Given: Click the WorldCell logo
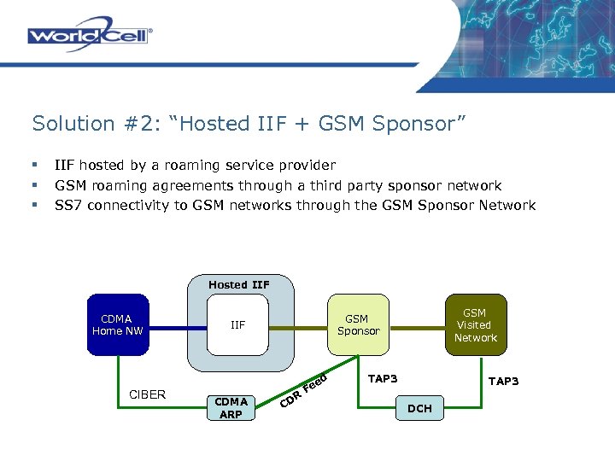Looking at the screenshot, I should point(90,35).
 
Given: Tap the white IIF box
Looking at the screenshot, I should point(238,324).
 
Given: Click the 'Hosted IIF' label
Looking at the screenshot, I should point(238,284).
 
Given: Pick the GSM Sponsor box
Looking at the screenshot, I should point(358,325).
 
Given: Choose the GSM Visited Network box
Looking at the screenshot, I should point(475,325).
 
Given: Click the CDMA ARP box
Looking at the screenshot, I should point(231,407).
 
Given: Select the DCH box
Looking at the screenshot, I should point(419,409).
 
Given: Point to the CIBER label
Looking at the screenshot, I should point(147,394).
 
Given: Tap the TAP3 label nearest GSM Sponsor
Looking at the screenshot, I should point(382,378).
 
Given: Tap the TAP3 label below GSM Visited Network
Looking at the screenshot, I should point(502,381).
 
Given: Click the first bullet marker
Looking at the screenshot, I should point(35,165).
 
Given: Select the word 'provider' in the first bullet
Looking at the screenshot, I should point(307,165).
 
